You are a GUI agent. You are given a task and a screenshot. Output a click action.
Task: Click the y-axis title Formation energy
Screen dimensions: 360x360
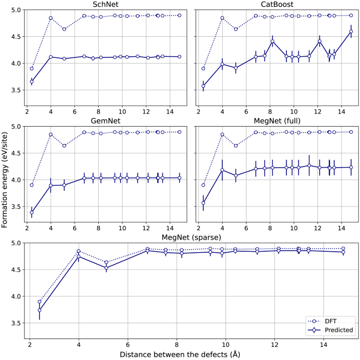coord(5,173)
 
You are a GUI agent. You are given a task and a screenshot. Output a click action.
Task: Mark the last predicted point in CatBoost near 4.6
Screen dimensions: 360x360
coord(351,32)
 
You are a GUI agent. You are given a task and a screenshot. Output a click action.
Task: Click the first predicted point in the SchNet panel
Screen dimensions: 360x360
coord(32,81)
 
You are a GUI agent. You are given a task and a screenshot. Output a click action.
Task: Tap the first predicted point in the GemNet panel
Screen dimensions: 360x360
coord(32,212)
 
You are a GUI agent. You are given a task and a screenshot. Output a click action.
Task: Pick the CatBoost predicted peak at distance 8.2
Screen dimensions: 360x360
coord(272,42)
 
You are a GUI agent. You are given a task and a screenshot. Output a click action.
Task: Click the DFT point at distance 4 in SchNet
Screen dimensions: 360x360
coord(51,18)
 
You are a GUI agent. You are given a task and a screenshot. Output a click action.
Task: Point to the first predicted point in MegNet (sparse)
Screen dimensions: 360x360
coord(39,310)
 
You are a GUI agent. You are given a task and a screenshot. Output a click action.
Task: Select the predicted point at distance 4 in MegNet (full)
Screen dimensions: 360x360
coord(222,170)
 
